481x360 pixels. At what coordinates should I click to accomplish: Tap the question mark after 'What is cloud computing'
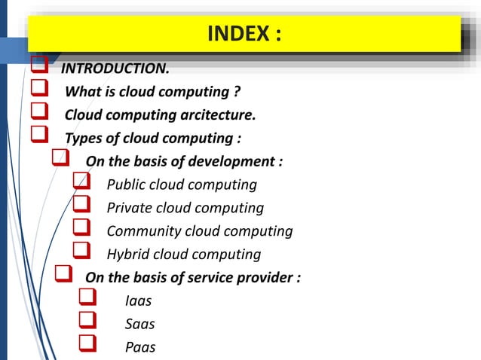click(237, 93)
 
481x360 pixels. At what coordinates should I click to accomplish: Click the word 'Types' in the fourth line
click(84, 139)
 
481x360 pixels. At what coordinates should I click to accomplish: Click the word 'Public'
click(127, 185)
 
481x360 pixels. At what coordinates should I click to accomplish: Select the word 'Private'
click(130, 208)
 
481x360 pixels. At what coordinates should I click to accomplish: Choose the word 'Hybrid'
click(128, 255)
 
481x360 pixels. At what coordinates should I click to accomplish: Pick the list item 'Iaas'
click(138, 301)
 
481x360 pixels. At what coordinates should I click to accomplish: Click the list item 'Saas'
click(139, 324)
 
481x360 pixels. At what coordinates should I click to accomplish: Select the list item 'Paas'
click(140, 347)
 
